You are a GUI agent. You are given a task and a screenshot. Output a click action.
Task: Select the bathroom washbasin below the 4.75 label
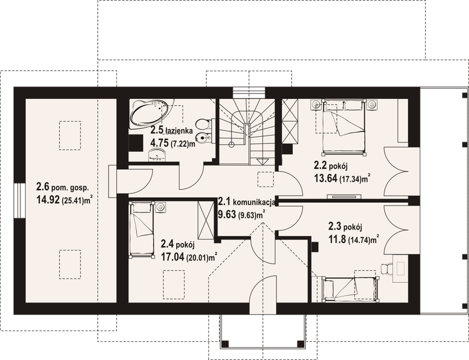[x=157, y=157]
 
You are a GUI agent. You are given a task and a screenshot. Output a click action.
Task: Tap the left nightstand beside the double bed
[x=316, y=104]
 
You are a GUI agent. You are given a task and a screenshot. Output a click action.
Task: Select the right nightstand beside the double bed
[x=372, y=104]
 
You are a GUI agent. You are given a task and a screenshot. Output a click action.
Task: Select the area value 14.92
[x=47, y=200]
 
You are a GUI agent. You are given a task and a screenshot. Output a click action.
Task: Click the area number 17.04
[x=173, y=256]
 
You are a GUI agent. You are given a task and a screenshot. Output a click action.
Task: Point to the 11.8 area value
[x=339, y=239]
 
